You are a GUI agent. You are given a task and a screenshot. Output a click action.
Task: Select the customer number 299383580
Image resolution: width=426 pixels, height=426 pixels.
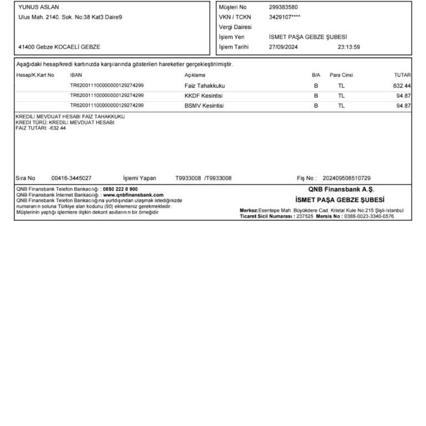pos(283,7)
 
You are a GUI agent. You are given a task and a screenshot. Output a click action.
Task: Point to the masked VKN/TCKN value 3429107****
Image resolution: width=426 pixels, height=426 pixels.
pos(285,17)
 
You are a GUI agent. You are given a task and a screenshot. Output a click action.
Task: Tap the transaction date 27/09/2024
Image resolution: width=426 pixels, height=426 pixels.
pos(283,47)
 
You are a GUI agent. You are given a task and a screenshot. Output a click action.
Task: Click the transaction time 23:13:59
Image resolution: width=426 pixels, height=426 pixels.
pos(348,47)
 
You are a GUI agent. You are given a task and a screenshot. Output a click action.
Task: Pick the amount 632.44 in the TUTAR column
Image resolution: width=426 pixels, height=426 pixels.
pos(401,86)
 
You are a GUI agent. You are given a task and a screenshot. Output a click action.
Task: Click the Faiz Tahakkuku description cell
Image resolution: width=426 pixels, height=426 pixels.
pos(205,86)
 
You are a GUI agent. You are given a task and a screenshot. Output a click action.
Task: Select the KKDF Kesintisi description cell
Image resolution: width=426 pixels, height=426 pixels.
pos(204,95)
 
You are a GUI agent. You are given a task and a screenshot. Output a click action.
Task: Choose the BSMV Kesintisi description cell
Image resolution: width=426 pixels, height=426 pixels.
pos(204,105)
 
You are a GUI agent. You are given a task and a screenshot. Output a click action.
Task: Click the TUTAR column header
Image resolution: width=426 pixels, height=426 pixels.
pos(403,75)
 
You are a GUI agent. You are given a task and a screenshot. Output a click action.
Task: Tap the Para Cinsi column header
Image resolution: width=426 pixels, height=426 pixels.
pos(341,75)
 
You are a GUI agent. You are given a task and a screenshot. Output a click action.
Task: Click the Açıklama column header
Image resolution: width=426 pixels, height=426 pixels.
pos(195,75)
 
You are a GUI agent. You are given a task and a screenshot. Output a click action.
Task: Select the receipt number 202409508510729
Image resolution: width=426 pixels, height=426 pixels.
pos(346,178)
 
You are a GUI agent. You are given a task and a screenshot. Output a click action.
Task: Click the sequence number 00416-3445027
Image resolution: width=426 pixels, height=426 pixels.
pos(71,178)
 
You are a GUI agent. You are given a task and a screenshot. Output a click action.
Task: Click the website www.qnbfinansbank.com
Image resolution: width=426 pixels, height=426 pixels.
pos(133,195)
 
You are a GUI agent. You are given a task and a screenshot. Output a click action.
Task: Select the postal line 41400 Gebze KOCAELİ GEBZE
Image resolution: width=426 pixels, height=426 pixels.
pos(59,47)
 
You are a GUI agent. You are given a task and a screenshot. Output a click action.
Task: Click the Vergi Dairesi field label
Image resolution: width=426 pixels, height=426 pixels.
pos(235,27)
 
